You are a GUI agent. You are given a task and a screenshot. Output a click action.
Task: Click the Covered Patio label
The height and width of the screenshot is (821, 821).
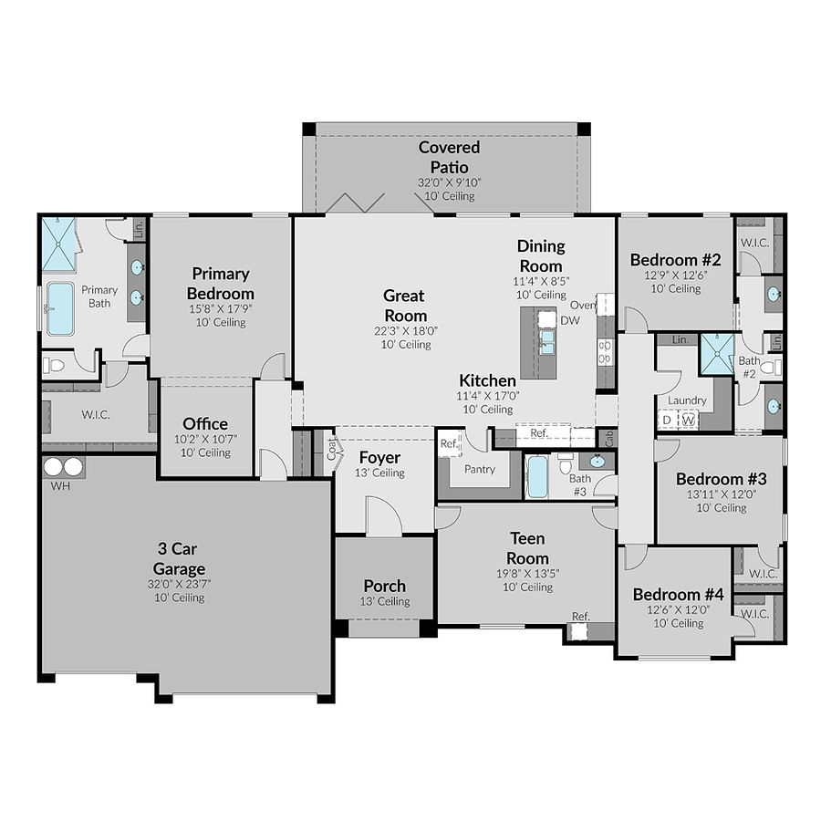click(449, 157)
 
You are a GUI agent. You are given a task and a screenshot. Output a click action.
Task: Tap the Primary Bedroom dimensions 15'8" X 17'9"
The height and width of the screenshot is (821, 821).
click(220, 308)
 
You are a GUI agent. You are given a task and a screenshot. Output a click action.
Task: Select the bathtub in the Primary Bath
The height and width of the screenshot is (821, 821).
click(60, 308)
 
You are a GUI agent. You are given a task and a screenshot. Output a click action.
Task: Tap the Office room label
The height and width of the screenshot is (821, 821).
click(205, 424)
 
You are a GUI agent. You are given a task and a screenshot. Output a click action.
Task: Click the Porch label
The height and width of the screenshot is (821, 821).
click(384, 586)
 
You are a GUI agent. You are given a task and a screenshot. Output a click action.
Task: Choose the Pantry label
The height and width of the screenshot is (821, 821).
click(480, 470)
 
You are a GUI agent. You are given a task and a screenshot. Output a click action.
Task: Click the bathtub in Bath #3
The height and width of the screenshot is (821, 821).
click(537, 476)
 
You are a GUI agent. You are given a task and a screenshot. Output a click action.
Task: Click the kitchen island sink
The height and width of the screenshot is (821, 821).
click(546, 342)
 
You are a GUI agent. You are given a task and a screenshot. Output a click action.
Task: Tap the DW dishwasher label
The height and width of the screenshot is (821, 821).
click(570, 321)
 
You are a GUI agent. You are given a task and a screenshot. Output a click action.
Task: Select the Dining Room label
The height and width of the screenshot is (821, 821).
click(541, 255)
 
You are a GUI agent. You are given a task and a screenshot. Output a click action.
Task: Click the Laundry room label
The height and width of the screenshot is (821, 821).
click(687, 400)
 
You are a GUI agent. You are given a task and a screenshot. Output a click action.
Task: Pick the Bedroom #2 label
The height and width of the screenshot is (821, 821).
click(676, 260)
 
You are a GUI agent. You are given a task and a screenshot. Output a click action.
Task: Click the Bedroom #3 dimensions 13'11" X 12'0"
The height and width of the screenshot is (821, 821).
click(722, 494)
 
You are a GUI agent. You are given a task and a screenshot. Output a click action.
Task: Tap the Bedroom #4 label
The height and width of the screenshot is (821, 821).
click(678, 595)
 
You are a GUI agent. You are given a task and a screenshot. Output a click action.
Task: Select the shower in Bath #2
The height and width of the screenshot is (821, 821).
click(717, 355)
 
